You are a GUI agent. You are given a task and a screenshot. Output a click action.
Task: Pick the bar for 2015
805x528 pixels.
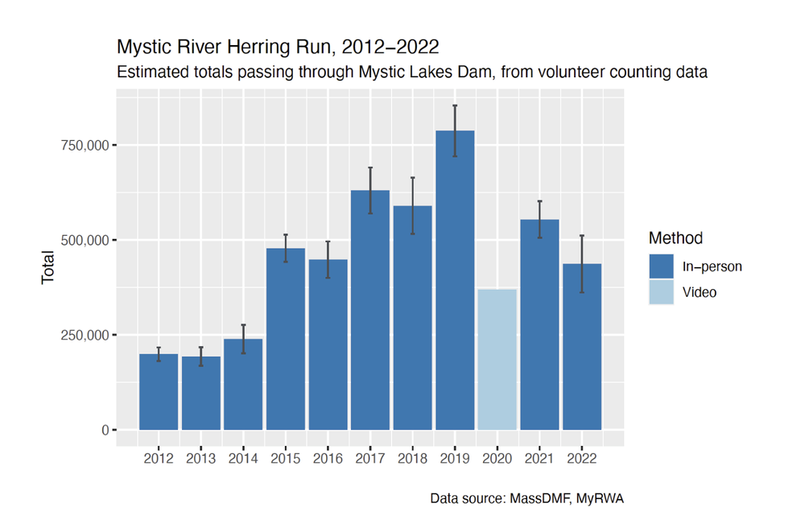286,339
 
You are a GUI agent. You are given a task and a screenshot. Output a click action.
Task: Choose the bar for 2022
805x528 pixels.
582,347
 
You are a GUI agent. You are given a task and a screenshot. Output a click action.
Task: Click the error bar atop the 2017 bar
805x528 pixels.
370,190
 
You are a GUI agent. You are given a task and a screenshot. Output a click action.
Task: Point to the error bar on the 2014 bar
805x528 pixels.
243,339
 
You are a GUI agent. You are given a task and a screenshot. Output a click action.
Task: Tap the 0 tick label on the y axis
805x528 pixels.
104,430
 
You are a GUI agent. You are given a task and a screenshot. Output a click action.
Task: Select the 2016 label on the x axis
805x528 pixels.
328,458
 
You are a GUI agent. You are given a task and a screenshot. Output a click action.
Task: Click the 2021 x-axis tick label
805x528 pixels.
539,458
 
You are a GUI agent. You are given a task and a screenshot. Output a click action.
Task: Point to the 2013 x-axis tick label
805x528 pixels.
200,458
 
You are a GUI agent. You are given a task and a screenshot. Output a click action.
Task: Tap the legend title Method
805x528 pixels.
675,238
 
